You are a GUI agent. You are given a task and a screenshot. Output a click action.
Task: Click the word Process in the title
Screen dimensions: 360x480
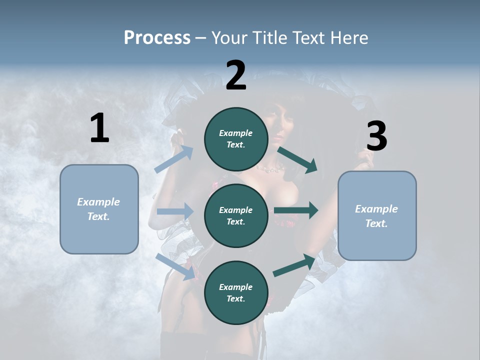point(157,38)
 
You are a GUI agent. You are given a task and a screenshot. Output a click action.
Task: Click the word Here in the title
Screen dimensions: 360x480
point(347,38)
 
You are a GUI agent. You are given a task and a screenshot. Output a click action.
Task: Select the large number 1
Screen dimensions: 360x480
point(99,128)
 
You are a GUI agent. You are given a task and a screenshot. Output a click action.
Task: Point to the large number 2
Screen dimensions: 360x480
point(236,75)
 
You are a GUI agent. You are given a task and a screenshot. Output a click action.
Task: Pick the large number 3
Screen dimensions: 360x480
point(376,136)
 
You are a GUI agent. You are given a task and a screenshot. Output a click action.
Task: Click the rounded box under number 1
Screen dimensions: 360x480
point(99,209)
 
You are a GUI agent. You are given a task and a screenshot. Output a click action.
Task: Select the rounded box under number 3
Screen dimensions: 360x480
point(377,215)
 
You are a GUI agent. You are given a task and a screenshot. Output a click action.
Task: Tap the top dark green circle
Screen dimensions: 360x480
point(236,139)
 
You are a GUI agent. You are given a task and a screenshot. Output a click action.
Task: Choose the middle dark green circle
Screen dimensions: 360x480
point(236,215)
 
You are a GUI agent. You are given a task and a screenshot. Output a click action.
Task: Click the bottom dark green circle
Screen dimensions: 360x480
point(236,292)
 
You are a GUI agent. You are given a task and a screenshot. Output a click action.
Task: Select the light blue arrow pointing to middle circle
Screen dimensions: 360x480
point(175,211)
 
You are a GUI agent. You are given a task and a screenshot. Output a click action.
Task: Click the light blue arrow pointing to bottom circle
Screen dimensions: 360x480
point(175,266)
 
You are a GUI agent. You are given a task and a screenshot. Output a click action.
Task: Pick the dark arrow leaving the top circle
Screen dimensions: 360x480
point(297,159)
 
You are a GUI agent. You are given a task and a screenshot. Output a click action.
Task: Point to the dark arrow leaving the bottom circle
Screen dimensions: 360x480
point(294,265)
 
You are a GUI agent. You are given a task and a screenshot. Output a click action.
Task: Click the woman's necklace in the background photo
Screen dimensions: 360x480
point(268,170)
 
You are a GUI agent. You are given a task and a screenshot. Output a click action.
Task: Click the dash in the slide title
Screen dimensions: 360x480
point(201,38)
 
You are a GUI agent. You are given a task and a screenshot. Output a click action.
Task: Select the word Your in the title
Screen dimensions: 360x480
point(229,38)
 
